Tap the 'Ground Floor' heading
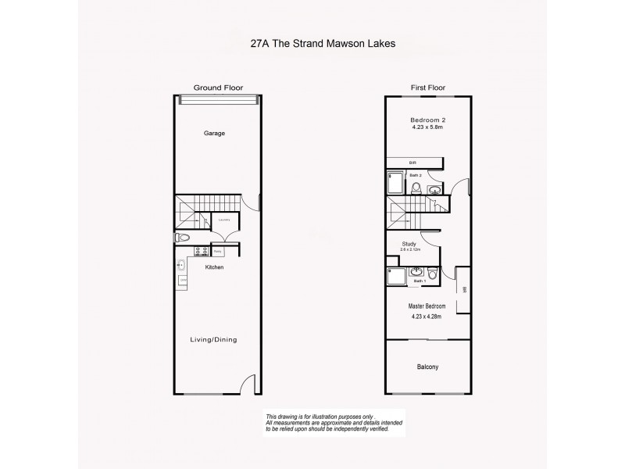[x=215, y=88]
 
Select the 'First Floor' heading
[x=427, y=88]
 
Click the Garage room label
[x=215, y=134]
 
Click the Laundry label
[x=224, y=220]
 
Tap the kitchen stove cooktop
[x=199, y=252]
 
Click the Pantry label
[x=219, y=252]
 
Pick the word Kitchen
[x=215, y=267]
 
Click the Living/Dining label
[x=215, y=339]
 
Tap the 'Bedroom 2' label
[x=427, y=120]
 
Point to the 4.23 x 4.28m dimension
[x=427, y=317]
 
